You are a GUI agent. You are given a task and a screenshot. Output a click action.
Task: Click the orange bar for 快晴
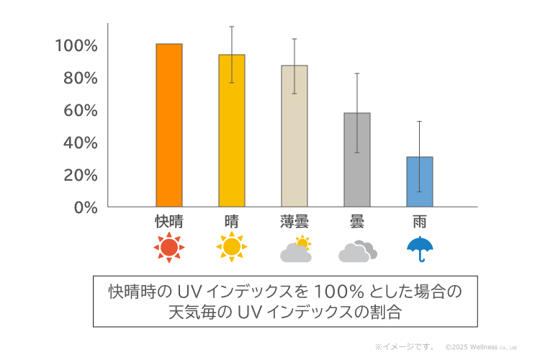169,125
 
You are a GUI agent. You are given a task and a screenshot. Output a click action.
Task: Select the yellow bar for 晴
232,130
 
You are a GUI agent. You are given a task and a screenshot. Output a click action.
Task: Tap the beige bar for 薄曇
294,136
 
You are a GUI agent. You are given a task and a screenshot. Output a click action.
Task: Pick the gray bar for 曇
357,160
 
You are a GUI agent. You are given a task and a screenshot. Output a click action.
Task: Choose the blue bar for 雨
420,181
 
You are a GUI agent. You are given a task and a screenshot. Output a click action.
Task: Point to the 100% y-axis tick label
76,45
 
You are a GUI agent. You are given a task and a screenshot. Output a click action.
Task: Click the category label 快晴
169,222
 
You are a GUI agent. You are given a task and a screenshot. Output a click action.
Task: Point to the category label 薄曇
294,222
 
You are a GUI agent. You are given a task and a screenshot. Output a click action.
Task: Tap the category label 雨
420,222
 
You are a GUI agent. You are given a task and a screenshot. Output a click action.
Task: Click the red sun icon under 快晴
169,248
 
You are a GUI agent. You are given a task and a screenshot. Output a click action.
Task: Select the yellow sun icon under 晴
232,248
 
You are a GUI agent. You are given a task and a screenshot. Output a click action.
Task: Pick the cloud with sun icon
296,249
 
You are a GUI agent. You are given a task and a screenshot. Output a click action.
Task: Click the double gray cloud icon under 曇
358,251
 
